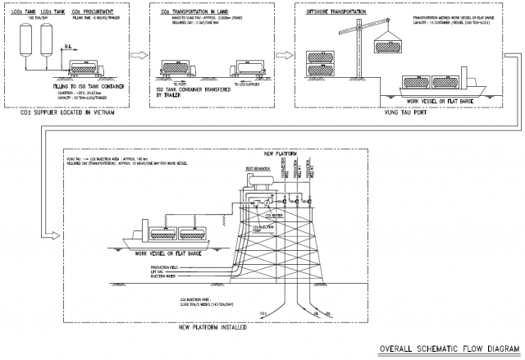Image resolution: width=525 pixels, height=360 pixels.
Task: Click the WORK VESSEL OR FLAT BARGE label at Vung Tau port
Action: [x=431, y=100]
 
